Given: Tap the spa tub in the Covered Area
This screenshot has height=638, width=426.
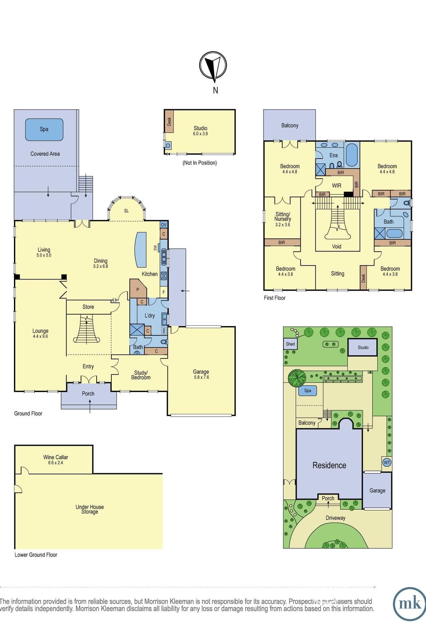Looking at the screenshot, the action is coord(44,130).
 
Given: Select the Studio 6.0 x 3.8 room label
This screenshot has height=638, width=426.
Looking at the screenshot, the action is coord(200,131).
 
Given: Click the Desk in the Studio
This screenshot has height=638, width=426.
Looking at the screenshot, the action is coord(169,121).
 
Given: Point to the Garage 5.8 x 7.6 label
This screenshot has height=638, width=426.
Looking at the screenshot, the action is coord(201,374).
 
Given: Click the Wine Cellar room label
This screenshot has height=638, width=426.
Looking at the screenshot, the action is coord(55,459).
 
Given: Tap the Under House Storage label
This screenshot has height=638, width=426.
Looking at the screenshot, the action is coord(89,509).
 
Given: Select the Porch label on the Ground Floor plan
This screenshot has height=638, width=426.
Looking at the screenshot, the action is coord(88,394).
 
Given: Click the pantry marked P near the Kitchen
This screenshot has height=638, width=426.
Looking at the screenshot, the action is coord(138,288).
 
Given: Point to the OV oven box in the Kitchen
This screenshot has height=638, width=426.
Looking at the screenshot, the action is coord(164,225).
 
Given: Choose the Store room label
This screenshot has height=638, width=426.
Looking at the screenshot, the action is coord(88,307).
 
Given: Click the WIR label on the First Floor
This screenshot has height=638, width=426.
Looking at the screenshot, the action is coord(337,185).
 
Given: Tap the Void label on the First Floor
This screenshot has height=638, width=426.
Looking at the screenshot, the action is coord(337,246).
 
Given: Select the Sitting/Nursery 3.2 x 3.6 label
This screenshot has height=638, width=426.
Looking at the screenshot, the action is coord(283,219).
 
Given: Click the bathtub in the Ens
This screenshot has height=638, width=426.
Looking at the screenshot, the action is coord(352,155).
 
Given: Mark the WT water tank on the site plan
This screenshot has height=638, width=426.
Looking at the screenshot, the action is coord(386,462).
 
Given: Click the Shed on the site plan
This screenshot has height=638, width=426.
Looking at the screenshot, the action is coord(290,344).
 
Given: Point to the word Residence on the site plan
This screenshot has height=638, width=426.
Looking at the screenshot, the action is coord(329,465).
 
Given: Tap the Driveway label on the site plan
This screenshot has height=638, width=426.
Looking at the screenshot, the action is coord(335,518).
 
